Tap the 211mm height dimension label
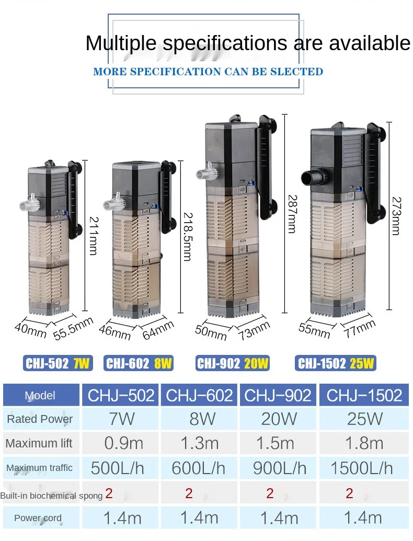[x=93, y=236]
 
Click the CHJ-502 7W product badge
[x=58, y=363]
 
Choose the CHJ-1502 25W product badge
[x=337, y=363]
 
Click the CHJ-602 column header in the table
[x=199, y=395]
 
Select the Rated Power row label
[x=40, y=419]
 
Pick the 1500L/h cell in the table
[x=361, y=468]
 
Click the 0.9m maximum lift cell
[x=124, y=443]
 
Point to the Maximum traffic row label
[x=40, y=468]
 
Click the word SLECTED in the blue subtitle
[x=296, y=72]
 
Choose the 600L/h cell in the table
[x=199, y=468]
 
